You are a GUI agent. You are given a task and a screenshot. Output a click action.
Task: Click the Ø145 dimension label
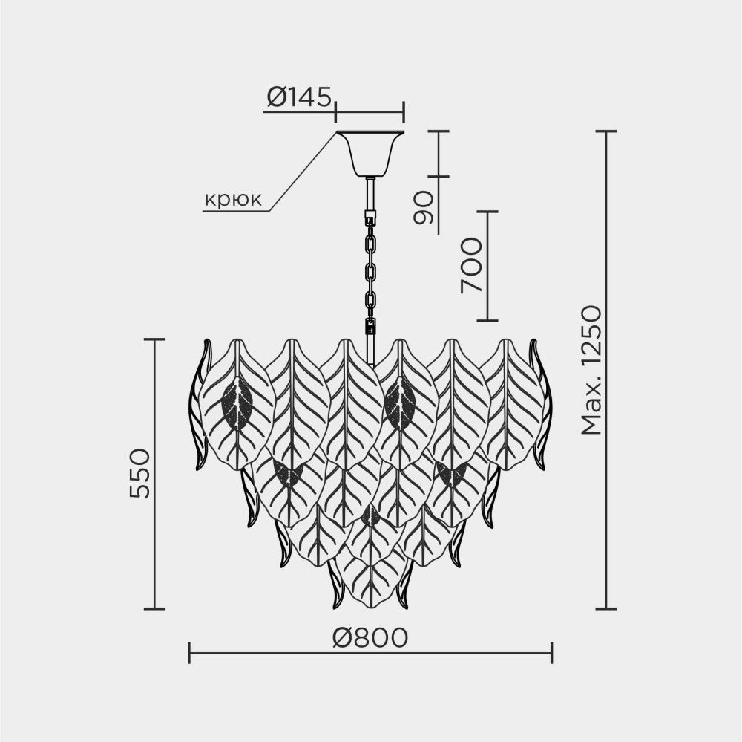pos(298,97)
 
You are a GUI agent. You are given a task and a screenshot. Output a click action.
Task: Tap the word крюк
pos(233,199)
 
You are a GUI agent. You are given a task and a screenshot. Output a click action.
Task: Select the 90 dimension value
pos(423,207)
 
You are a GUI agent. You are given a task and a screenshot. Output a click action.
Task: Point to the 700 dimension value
pos(471,265)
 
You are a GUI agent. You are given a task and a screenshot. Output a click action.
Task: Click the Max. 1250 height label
pos(591,371)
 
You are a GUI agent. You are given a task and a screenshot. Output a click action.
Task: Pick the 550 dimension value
pos(139,472)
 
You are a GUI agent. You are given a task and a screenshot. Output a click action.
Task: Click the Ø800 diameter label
pos(370,638)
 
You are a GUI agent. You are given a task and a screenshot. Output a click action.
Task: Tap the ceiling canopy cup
pos(370,152)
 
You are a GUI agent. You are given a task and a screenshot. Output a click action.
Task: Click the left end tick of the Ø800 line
pos(189,653)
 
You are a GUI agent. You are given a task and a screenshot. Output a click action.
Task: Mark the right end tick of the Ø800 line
pos(552,653)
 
